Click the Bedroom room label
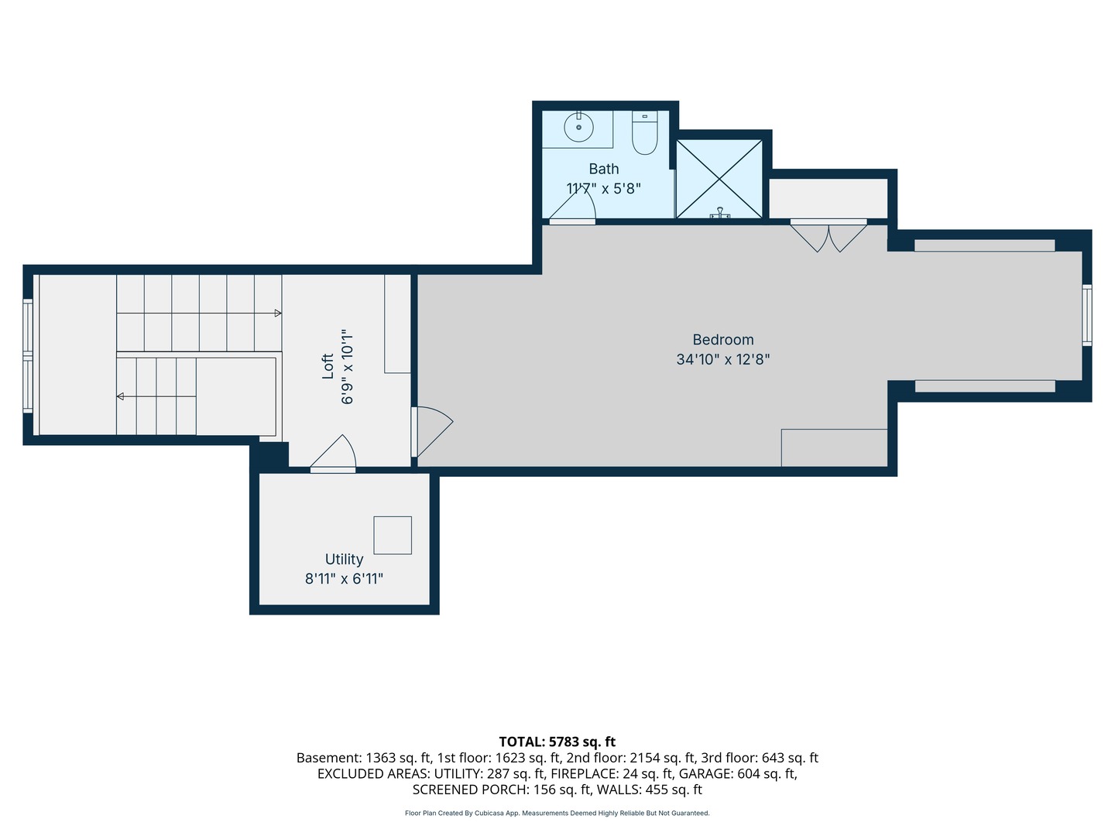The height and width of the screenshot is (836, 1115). click(x=723, y=340)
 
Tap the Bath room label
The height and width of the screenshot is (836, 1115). click(x=603, y=169)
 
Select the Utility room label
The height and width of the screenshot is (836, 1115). click(x=344, y=559)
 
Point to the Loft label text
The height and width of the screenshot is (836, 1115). click(x=328, y=366)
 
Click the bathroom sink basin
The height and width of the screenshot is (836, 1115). click(x=578, y=127)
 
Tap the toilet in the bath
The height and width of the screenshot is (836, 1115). click(x=645, y=132)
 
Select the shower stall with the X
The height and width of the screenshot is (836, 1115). click(x=719, y=179)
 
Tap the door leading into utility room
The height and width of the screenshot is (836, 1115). click(x=333, y=454)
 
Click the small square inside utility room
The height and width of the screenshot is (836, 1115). click(x=393, y=535)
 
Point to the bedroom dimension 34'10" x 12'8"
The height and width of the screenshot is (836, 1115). click(x=723, y=359)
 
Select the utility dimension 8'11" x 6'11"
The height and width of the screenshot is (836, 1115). click(x=344, y=579)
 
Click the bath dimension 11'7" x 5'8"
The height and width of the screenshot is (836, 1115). click(x=603, y=189)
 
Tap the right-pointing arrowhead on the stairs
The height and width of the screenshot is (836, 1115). click(x=278, y=313)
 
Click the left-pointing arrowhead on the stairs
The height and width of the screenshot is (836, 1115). click(x=120, y=396)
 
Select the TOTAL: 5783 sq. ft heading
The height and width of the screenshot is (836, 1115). click(x=557, y=742)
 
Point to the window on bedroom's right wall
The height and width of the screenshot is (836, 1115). click(x=1086, y=315)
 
